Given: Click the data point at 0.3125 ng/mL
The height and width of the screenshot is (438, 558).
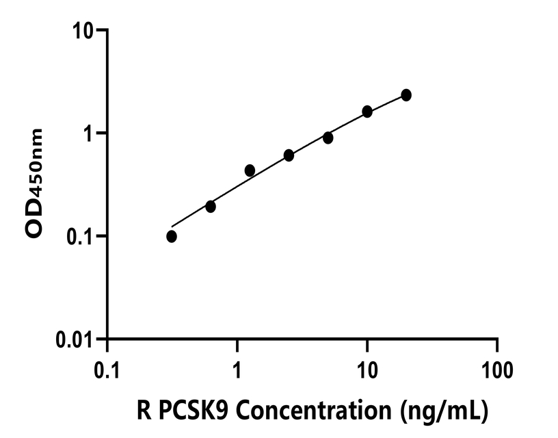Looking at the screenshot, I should pyautogui.click(x=172, y=236).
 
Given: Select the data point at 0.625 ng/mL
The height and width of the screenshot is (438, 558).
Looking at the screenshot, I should pyautogui.click(x=211, y=206).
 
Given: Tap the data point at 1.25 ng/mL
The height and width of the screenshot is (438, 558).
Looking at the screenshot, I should pyautogui.click(x=250, y=170).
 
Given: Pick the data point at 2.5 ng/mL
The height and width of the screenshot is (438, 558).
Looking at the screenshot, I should pyautogui.click(x=289, y=155).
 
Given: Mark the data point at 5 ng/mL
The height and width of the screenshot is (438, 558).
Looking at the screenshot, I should pyautogui.click(x=328, y=138).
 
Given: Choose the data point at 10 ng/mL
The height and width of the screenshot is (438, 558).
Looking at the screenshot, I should pyautogui.click(x=367, y=112).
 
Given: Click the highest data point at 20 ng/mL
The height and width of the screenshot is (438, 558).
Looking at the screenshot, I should pyautogui.click(x=406, y=94).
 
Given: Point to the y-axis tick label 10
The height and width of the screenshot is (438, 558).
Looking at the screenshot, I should pyautogui.click(x=85, y=31).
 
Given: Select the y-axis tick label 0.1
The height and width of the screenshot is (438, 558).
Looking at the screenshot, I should pyautogui.click(x=81, y=236).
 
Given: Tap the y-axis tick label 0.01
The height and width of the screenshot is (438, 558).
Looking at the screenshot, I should pyautogui.click(x=77, y=339).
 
